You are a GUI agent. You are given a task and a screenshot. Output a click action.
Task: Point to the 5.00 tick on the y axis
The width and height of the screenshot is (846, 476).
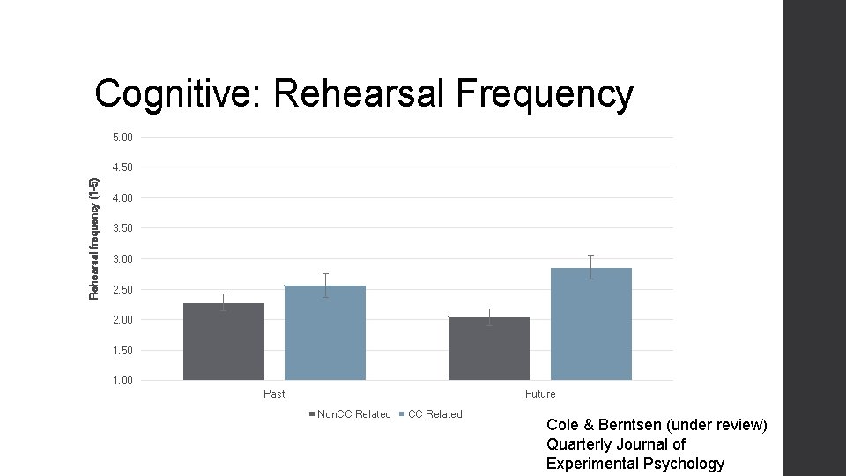123,138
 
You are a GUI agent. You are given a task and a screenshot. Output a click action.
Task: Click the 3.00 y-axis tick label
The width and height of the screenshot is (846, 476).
123,259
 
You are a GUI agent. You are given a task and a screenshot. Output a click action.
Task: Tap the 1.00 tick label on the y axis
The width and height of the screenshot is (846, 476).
123,381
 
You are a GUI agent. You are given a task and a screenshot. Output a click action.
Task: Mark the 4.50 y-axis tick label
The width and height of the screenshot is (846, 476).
123,167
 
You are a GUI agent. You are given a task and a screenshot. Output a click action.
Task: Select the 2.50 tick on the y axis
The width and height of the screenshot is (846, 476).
123,289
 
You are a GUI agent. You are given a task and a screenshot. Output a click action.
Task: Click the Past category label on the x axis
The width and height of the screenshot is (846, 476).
274,394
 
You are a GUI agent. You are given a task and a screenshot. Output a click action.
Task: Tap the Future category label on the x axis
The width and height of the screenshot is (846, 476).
540,394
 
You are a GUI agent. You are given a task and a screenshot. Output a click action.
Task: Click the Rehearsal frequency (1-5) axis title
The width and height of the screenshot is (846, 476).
94,238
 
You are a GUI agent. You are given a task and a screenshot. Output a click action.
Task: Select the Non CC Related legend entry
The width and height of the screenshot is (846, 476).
353,414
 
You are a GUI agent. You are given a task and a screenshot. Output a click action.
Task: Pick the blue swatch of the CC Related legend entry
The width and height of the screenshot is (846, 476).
402,414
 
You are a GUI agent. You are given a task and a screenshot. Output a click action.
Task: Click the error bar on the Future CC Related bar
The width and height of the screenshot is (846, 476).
591,267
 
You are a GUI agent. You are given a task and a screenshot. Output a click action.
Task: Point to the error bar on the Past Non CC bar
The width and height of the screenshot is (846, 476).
224,302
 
